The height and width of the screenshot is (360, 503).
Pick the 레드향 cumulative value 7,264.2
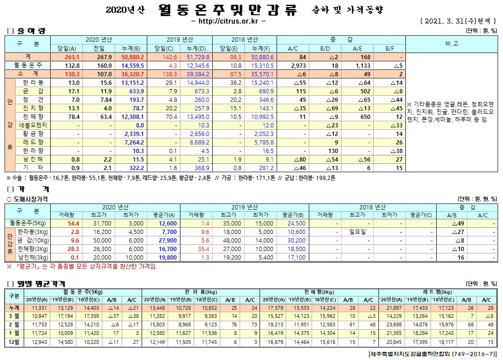coord(134,142)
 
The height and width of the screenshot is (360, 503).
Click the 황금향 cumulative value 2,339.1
coord(134,134)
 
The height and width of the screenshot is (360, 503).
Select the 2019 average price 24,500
coord(294,223)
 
